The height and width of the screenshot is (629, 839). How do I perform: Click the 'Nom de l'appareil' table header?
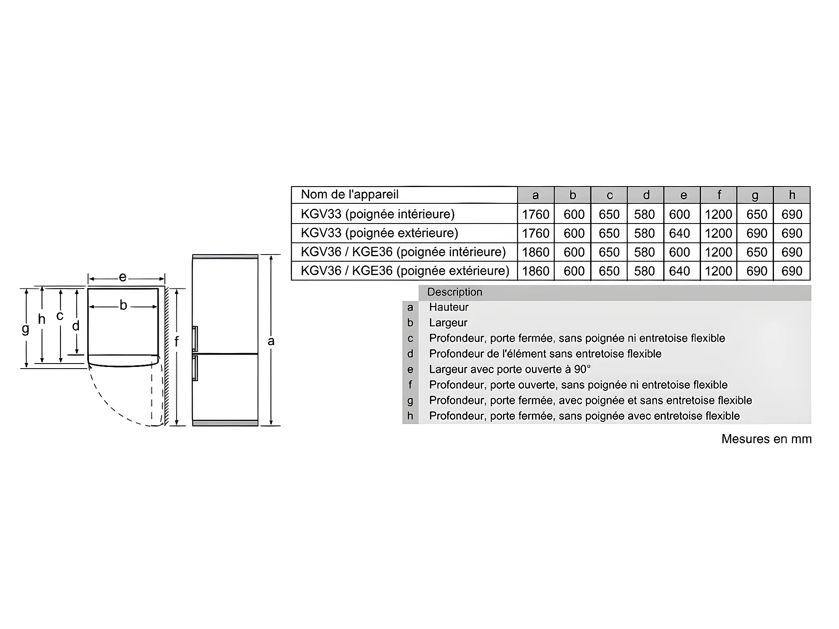349,195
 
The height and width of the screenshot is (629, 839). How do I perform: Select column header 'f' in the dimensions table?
719,195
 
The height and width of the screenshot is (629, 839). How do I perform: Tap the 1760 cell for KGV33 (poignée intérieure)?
535,214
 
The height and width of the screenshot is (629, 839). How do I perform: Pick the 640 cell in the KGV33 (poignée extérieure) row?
679,233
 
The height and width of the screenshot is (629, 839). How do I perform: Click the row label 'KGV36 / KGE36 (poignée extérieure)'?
405,271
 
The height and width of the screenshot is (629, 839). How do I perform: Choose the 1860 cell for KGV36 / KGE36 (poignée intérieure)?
535,252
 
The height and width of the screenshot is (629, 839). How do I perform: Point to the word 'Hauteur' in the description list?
448,307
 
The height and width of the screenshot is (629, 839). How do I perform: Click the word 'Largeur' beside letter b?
448,322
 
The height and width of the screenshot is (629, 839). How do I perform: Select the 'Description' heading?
454,292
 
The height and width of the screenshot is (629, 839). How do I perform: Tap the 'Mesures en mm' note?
766,439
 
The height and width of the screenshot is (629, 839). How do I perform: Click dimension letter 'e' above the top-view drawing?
122,277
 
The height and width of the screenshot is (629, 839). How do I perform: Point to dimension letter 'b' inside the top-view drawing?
123,305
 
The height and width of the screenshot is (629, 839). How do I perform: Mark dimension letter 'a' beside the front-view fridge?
271,341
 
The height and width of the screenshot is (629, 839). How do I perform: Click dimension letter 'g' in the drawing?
26,329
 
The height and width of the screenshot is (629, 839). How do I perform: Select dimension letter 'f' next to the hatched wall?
177,342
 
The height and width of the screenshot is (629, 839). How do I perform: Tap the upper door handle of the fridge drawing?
195,339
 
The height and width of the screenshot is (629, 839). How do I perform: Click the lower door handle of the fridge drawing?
195,368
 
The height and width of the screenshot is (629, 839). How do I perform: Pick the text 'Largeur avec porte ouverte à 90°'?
510,369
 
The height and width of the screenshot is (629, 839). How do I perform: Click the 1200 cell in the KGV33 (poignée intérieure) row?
718,214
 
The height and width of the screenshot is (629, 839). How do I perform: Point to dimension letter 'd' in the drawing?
76,326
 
